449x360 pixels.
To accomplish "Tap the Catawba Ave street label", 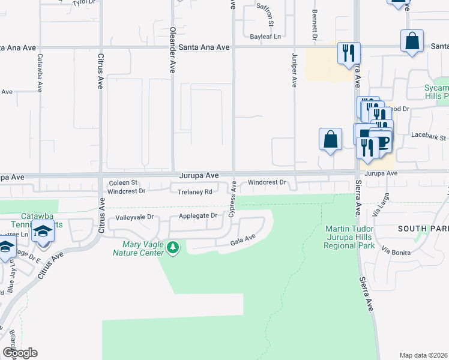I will click(40, 73).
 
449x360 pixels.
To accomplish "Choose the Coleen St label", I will click(123, 182).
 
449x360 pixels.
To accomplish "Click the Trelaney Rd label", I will click(196, 192).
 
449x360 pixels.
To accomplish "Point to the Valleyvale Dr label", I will click(135, 217).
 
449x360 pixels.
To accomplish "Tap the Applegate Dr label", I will click(197, 215).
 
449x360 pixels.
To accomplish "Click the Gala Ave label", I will click(243, 239).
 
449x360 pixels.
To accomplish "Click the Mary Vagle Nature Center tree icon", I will click(173, 247).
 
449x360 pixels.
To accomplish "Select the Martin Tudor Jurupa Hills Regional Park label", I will click(350, 238).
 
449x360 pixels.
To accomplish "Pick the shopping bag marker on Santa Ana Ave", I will click(412, 42).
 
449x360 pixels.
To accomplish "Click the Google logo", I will click(20, 353).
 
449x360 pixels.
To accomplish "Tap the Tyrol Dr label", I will click(83, 3).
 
